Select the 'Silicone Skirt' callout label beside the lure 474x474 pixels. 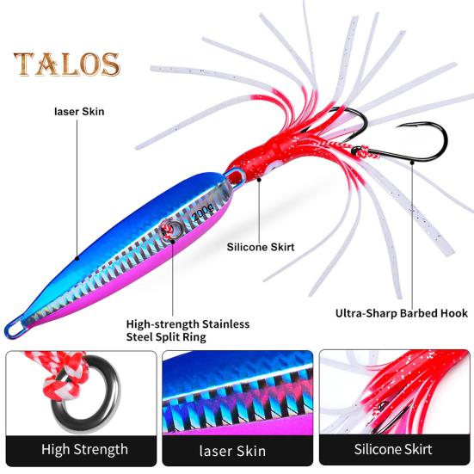261,247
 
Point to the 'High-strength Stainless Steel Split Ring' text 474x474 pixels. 188,330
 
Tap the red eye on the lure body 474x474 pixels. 165,230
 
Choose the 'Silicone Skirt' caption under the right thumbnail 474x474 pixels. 393,449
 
